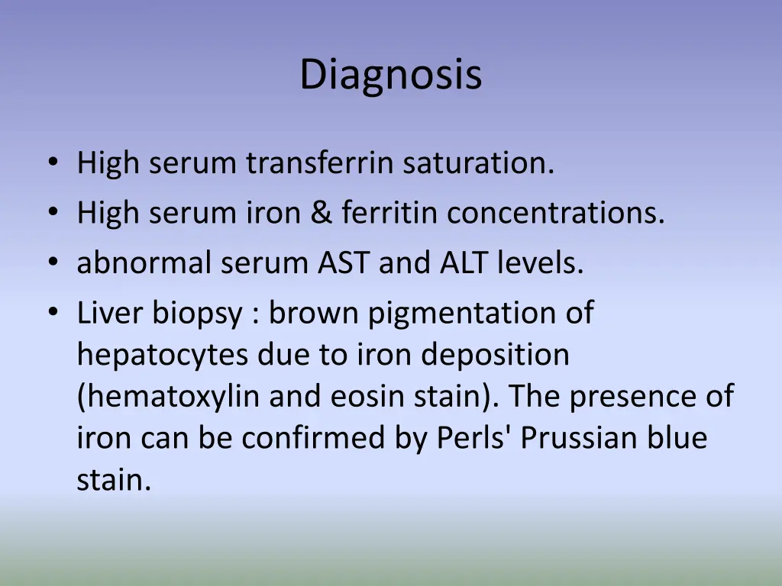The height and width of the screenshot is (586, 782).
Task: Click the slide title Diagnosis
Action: [390, 75]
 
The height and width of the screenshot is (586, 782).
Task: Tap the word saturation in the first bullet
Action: [479, 163]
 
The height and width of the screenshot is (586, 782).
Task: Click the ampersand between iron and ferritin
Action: [321, 213]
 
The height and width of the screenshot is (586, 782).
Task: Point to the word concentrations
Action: [556, 213]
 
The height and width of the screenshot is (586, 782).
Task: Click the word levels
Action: [541, 263]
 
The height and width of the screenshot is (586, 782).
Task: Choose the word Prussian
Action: [564, 438]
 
